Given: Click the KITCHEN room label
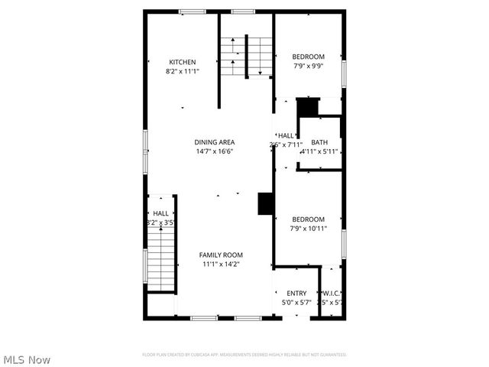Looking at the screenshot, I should (x=183, y=62).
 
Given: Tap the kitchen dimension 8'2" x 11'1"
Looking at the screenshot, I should (x=183, y=71).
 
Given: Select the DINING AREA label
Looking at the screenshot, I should (x=214, y=142).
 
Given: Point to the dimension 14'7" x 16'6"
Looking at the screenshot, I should (x=214, y=151).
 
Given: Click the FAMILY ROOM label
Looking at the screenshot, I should (x=221, y=255).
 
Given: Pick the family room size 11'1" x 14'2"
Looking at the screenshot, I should (x=221, y=264).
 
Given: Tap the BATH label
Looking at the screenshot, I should (x=319, y=142).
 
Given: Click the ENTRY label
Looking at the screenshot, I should (x=296, y=294).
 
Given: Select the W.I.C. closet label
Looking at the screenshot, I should (x=331, y=294).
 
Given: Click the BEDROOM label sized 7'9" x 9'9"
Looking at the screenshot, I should (x=309, y=57).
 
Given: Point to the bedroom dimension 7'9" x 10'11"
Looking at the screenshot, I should (x=309, y=227).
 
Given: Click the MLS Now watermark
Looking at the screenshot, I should (x=27, y=359).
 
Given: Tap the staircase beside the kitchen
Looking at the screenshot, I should (x=247, y=55).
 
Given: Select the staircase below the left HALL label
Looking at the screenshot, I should (x=160, y=260).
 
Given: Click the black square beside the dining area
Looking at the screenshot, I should (x=265, y=203).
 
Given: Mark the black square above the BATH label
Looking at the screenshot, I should (x=307, y=106).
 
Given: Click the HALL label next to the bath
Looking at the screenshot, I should (x=285, y=135).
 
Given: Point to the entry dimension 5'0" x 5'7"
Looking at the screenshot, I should (x=296, y=303).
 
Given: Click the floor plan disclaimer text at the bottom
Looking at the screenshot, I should (x=244, y=355).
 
